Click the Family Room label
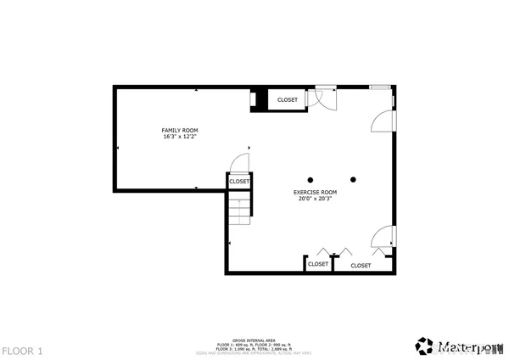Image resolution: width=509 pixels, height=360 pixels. [174, 130]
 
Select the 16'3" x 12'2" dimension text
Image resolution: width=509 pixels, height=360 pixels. [174, 137]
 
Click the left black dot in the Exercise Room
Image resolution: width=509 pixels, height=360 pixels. [310, 179]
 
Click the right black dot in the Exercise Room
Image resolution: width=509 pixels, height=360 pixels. [353, 179]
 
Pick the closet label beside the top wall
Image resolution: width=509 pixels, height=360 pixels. [288, 100]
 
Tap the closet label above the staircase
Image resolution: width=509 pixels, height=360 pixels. [239, 181]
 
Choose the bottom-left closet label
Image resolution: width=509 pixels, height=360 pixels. [317, 264]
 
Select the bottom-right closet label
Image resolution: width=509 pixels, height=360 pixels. [361, 265]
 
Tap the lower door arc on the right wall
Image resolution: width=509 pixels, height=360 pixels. [383, 238]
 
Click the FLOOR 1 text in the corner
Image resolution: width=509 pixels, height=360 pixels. [21, 350]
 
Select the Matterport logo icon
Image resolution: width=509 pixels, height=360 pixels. [423, 346]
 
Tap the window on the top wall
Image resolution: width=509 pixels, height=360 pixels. [381, 86]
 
